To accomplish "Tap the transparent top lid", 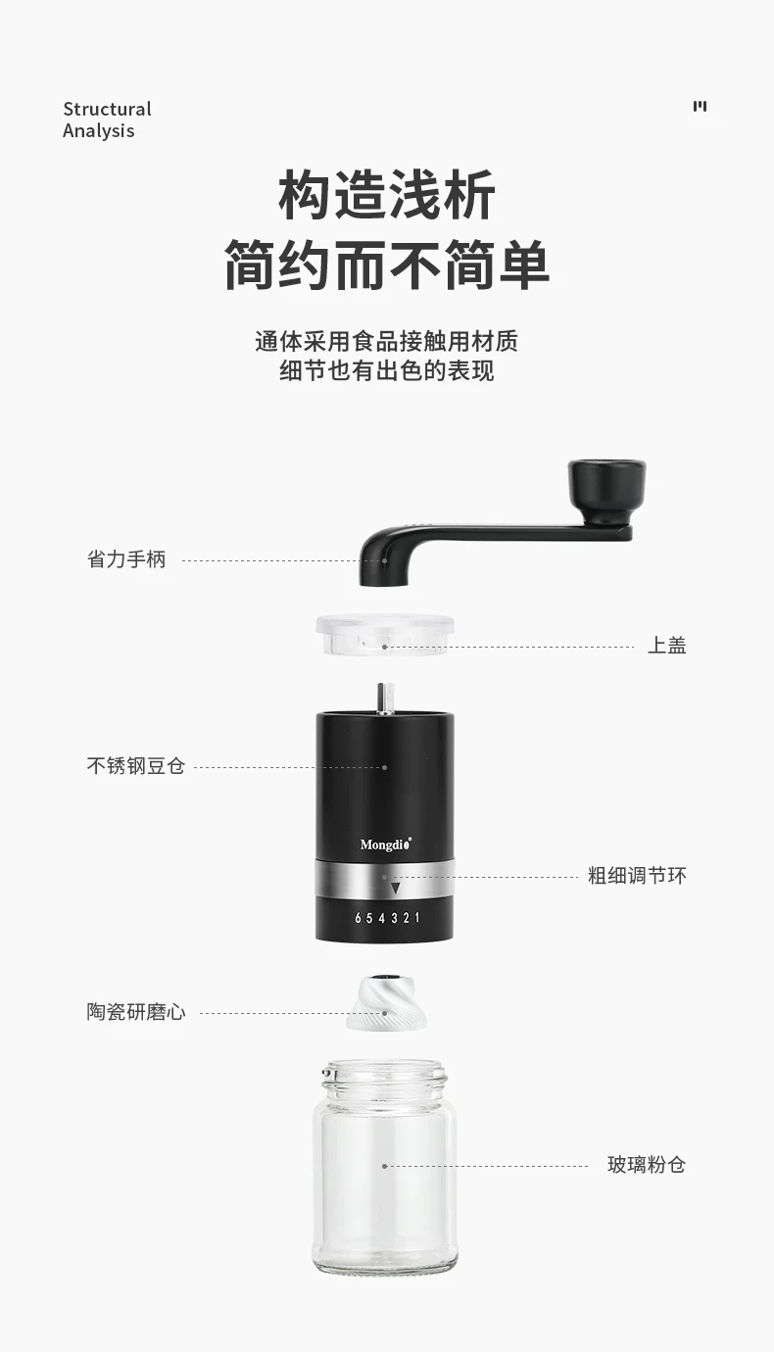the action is tap(385, 634).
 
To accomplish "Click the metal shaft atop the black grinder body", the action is tap(385, 699).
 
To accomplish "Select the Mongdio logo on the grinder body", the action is tap(386, 844).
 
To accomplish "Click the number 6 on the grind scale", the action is tap(358, 918).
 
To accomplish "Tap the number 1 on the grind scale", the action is tap(416, 917).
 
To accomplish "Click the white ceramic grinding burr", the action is tap(386, 1002).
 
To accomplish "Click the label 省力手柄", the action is tap(126, 558).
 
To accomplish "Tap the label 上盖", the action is tap(667, 646).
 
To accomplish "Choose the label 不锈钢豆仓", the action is tap(136, 765).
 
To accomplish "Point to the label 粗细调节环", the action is tap(638, 875).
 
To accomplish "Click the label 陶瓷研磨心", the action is tap(136, 1012).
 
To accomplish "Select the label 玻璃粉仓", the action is tap(647, 1164).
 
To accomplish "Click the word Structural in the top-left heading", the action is tap(108, 109).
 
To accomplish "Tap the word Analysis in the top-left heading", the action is tap(99, 131).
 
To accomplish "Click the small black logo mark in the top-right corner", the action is tap(700, 107).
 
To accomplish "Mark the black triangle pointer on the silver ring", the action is tap(396, 888).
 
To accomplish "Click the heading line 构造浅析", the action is tap(387, 195).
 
